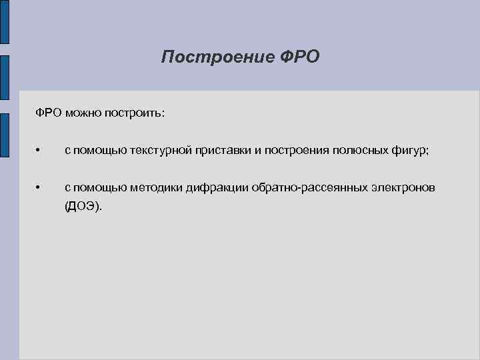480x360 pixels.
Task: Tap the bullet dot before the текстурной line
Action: tap(40, 151)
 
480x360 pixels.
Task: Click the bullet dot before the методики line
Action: tap(40, 189)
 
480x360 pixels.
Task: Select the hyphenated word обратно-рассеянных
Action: tap(308, 188)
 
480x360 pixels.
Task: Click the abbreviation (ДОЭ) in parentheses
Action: tap(83, 207)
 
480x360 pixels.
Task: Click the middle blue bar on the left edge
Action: tap(5, 80)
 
